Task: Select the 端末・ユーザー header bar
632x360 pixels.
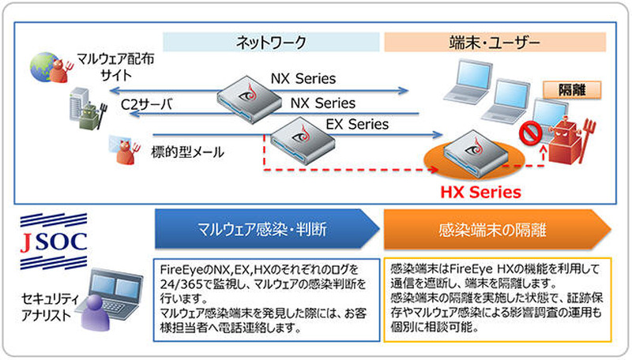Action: (x=493, y=42)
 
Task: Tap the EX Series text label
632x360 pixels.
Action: (x=357, y=124)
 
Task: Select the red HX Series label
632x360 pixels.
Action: (x=480, y=192)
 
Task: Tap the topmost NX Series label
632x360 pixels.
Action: (x=303, y=80)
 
